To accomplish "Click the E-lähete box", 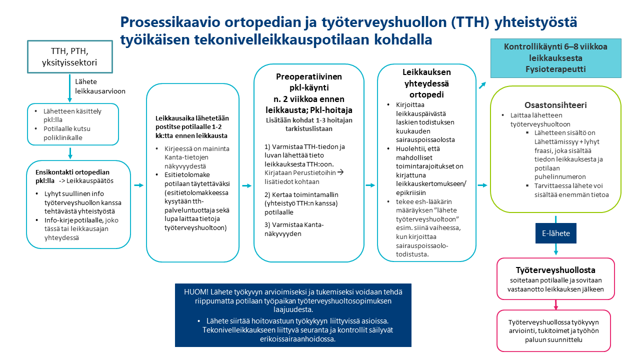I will click(556, 233).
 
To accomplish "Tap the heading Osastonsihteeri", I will click(555, 105).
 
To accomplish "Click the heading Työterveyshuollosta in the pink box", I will click(556, 270).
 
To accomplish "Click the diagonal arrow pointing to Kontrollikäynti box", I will click(482, 85).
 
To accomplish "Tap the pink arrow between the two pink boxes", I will click(556, 304).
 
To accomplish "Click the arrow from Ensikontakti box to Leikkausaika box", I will click(138, 185).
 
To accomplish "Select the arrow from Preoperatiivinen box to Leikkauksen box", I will click(370, 185).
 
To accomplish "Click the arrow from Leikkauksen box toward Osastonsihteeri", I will click(482, 185).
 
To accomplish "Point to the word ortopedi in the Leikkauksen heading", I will click(426, 94).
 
